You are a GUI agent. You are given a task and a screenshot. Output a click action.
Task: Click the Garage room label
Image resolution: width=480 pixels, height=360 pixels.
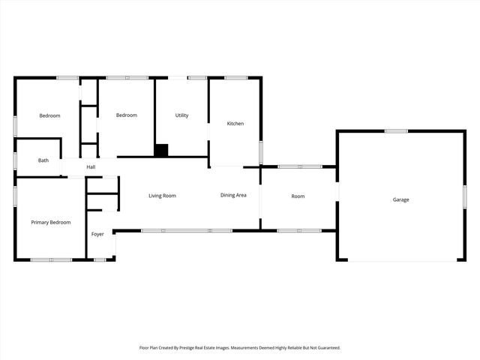coord(401,199)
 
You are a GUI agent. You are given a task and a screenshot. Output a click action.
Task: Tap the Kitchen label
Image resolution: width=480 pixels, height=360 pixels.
coord(235,124)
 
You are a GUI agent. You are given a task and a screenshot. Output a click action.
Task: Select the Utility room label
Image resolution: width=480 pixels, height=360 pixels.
coord(181,115)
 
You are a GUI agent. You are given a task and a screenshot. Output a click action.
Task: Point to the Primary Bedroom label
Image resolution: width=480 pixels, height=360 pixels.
coord(51,223)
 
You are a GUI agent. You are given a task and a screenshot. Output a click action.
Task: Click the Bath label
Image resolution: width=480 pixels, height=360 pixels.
coord(43,160)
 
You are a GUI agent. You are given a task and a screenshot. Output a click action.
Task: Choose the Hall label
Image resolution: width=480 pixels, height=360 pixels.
coord(91,167)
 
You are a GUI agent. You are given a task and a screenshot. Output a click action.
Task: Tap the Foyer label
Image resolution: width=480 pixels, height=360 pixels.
coord(97,235)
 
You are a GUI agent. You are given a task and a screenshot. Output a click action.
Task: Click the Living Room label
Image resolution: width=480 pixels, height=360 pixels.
coord(162,196)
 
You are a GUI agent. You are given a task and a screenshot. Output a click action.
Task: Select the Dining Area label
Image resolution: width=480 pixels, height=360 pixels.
coord(233,196)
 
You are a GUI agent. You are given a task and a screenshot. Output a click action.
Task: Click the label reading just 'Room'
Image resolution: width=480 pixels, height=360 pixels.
coord(298,196)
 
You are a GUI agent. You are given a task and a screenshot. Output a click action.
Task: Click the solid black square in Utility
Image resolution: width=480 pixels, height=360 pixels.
coord(161,150)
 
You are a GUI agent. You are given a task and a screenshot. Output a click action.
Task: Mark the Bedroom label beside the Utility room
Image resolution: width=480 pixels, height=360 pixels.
coord(126,115)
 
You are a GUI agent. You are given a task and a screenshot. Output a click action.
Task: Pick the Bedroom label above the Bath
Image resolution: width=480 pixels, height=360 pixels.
coord(49,115)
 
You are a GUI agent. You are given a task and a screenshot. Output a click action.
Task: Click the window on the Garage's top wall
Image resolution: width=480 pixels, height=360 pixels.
coord(396,131)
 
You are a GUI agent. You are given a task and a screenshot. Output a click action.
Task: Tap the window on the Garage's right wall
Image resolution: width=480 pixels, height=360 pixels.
coord(465,196)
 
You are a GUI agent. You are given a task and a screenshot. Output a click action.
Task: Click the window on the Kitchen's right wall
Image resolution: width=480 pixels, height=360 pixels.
coord(261,152)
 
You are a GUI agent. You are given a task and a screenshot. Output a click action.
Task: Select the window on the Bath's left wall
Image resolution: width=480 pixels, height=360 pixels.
coord(15,160)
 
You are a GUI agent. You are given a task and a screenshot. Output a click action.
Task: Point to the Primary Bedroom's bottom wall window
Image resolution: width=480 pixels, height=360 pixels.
coord(51,260)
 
